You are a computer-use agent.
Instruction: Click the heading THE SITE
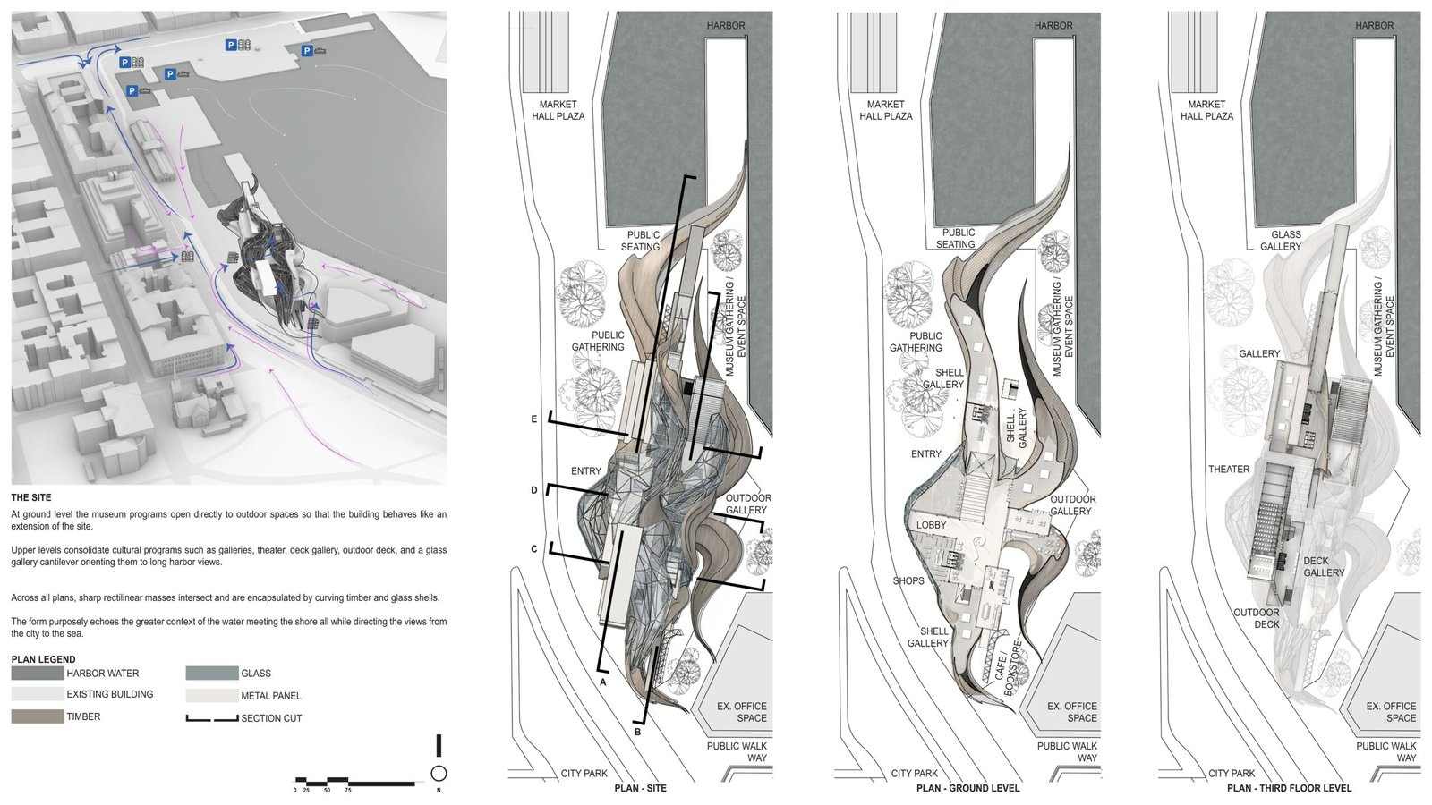(x=31, y=497)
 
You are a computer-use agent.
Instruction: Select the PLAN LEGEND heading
(x=43, y=659)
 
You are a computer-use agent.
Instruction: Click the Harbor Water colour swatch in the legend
(x=38, y=673)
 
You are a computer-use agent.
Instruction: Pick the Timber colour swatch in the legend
(x=38, y=716)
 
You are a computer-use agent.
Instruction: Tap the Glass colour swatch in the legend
(x=212, y=674)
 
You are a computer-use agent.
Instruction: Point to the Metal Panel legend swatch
(x=212, y=695)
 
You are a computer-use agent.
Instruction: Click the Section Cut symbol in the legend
(x=212, y=717)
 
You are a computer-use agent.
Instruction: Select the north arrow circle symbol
(x=439, y=774)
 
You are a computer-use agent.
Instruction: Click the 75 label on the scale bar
(x=347, y=791)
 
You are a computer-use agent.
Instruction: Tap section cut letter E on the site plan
(x=534, y=419)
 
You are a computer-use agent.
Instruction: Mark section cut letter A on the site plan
(x=603, y=682)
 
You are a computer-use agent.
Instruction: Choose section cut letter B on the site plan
(x=637, y=733)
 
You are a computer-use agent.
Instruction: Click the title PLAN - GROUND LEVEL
(x=967, y=788)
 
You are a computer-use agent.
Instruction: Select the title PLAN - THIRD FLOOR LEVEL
(x=1289, y=788)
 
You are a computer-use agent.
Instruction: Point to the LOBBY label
(x=931, y=525)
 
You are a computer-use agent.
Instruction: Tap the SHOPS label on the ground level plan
(x=908, y=580)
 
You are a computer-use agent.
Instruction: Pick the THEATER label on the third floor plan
(x=1229, y=470)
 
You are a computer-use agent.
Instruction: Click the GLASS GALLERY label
(x=1281, y=241)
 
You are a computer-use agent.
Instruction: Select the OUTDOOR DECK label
(x=1257, y=618)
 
